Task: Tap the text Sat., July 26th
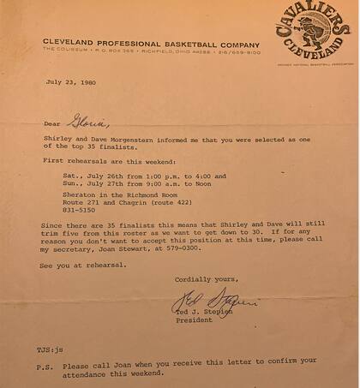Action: point(94,176)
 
